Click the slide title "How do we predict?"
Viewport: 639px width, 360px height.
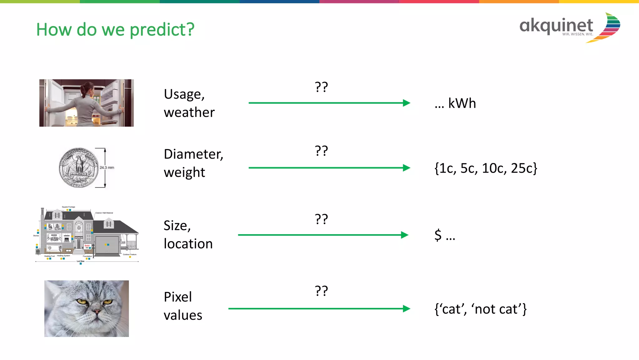point(115,30)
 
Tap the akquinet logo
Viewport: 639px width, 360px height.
point(569,27)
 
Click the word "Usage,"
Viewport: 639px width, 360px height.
point(184,94)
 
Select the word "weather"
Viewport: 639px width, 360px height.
point(189,112)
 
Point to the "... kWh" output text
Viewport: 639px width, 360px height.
point(455,103)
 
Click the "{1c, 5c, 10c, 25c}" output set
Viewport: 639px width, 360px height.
point(485,168)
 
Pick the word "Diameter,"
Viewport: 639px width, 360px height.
point(193,154)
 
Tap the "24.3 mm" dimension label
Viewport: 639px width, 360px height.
point(107,168)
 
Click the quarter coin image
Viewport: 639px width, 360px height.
point(79,168)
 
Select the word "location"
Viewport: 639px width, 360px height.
point(188,244)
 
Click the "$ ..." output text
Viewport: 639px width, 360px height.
point(445,235)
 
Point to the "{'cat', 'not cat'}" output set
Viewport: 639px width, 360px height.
point(480,309)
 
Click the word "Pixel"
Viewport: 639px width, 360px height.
point(178,297)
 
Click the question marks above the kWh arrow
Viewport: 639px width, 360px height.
point(321,87)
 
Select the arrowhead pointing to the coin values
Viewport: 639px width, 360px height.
point(406,168)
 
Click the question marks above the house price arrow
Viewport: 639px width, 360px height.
point(321,219)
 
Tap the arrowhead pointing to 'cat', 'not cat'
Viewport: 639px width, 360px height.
point(406,309)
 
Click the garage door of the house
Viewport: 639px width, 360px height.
point(107,245)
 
